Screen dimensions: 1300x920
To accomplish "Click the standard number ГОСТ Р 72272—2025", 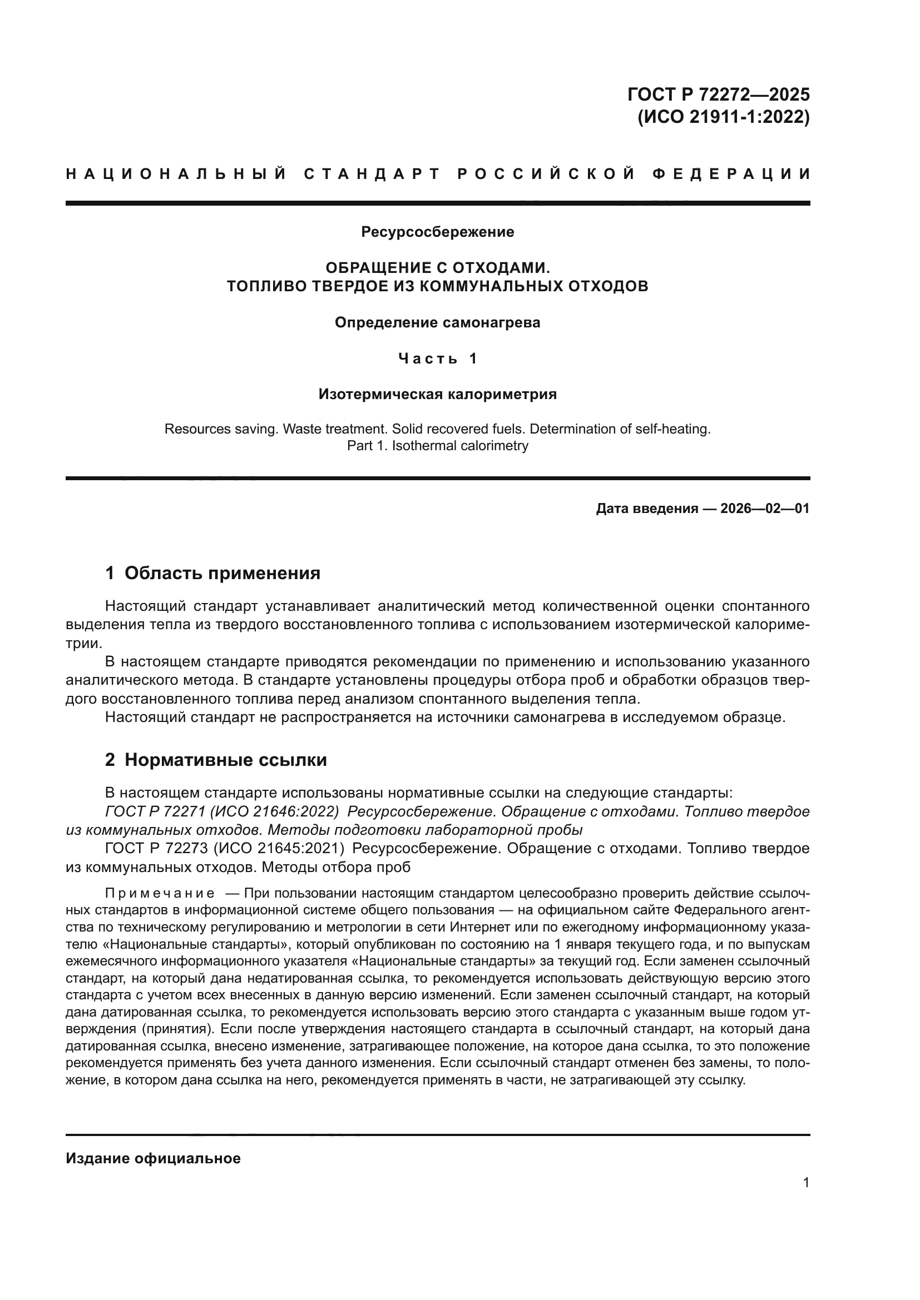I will tap(718, 94).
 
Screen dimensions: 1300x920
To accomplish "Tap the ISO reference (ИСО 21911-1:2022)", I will tap(724, 117).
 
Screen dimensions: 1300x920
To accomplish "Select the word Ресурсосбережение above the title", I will tap(437, 232).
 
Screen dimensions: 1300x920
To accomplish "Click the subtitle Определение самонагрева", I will tap(437, 323).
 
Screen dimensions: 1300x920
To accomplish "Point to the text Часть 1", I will tap(437, 358).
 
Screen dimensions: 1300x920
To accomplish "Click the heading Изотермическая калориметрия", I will tap(437, 394).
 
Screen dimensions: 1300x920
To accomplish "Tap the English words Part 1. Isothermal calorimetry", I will tap(437, 446).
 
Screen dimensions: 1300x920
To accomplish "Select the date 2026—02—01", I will tap(765, 509).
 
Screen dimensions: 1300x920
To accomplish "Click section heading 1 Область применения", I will tap(212, 573).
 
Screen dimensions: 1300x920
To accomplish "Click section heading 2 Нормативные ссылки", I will tap(216, 760).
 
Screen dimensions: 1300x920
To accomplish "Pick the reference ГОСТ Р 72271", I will tap(155, 812).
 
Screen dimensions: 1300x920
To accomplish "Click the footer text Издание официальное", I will tap(153, 1158).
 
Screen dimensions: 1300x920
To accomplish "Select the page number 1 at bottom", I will tap(805, 1183).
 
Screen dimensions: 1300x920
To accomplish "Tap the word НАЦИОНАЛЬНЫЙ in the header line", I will tap(176, 174).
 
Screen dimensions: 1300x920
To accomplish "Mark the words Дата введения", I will tap(646, 509).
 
